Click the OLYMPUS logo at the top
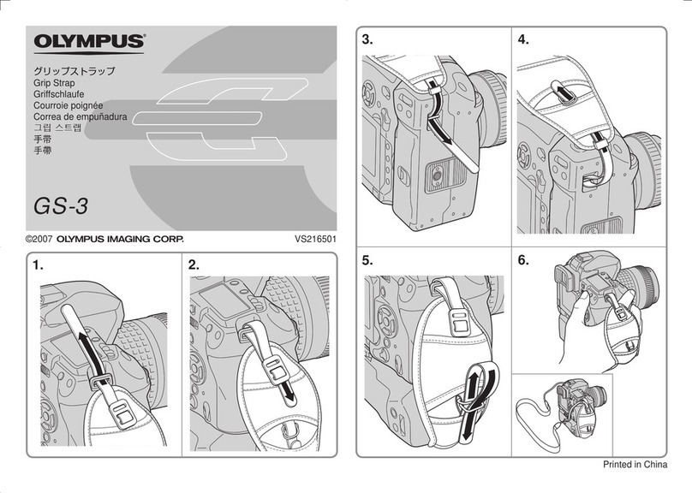[90, 42]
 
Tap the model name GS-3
[61, 205]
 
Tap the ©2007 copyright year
[39, 241]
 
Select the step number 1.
[38, 266]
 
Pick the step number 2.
[194, 266]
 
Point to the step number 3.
[368, 40]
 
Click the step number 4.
[524, 40]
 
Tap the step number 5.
[368, 259]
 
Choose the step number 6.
[524, 259]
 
